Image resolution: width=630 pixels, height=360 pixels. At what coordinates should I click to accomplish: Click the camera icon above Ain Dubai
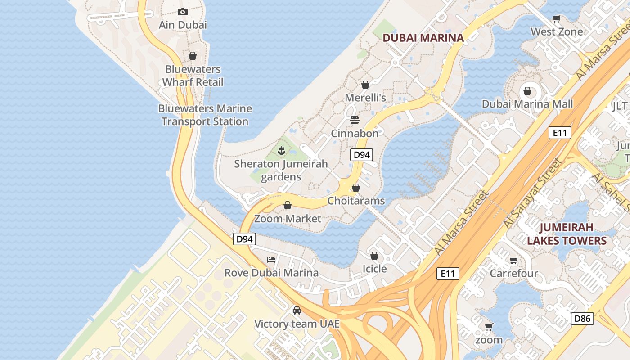pyautogui.click(x=182, y=12)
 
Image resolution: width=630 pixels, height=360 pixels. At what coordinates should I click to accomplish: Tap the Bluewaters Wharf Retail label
pyautogui.click(x=193, y=76)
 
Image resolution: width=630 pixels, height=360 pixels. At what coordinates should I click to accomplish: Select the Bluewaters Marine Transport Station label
pyautogui.click(x=205, y=115)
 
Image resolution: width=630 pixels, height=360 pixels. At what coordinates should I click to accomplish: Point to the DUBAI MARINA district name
pyautogui.click(x=423, y=38)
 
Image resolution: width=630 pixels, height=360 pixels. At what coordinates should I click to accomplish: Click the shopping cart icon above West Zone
pyautogui.click(x=557, y=19)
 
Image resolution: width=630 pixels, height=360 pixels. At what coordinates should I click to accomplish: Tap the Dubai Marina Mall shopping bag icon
pyautogui.click(x=527, y=91)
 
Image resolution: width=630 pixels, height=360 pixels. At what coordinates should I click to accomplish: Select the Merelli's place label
pyautogui.click(x=365, y=98)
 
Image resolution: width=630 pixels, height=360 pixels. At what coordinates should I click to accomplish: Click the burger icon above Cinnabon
pyautogui.click(x=355, y=120)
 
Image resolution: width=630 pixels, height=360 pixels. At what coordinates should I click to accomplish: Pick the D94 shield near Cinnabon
pyautogui.click(x=361, y=155)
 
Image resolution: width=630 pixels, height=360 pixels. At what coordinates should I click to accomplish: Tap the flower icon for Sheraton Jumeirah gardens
pyautogui.click(x=282, y=150)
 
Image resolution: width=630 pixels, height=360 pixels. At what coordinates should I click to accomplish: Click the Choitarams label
pyautogui.click(x=356, y=201)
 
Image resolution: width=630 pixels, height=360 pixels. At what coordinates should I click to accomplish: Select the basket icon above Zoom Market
pyautogui.click(x=288, y=206)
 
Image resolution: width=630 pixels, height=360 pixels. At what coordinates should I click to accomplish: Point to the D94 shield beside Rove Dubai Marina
pyautogui.click(x=244, y=239)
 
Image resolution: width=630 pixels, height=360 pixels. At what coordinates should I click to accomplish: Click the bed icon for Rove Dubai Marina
pyautogui.click(x=271, y=259)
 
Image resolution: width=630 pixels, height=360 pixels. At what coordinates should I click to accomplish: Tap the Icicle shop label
pyautogui.click(x=374, y=269)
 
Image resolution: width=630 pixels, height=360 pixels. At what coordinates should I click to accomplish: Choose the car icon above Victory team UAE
pyautogui.click(x=297, y=310)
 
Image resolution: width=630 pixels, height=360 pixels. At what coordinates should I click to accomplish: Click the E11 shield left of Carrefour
pyautogui.click(x=448, y=273)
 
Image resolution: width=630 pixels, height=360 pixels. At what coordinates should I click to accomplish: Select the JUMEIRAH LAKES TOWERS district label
pyautogui.click(x=567, y=234)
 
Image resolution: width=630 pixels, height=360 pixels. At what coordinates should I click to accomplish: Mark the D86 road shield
pyautogui.click(x=582, y=319)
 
